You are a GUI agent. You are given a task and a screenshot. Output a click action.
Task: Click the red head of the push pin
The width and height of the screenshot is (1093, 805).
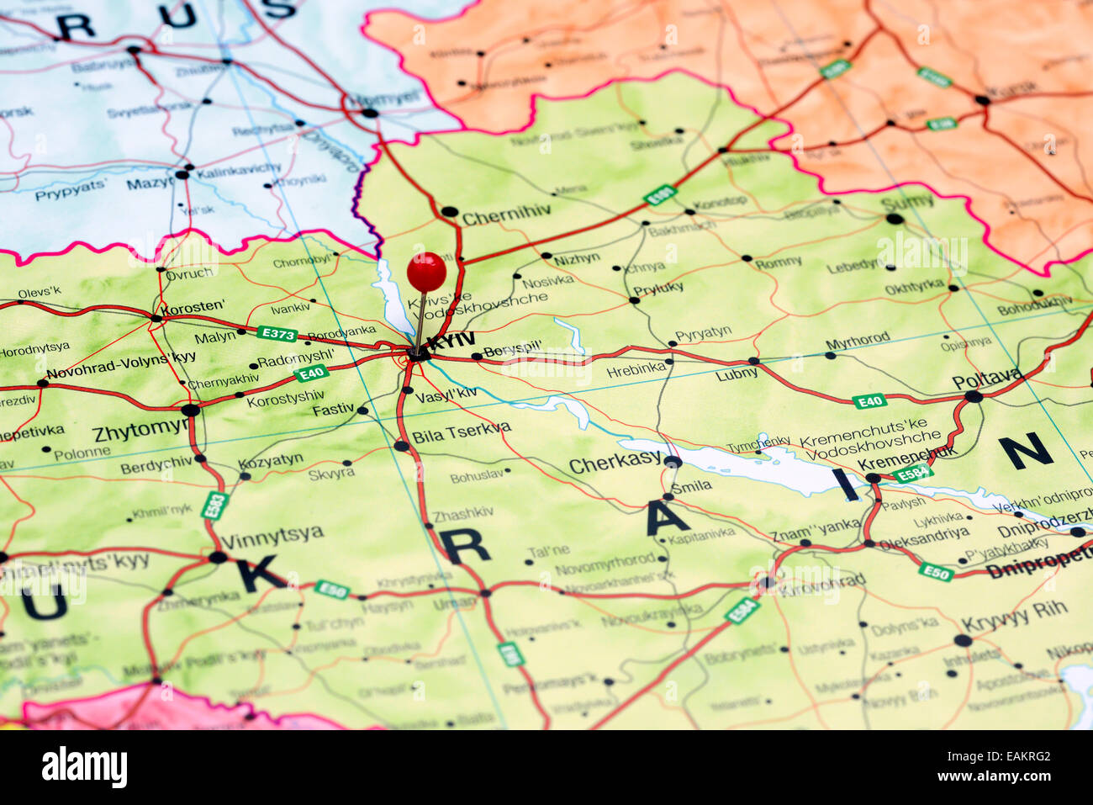426,272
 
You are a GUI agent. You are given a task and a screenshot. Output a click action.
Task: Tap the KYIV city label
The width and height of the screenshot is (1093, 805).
451,341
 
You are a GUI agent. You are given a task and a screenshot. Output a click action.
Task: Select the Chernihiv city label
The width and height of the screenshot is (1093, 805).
506,216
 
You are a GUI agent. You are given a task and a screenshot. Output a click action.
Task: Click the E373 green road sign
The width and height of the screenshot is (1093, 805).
277,334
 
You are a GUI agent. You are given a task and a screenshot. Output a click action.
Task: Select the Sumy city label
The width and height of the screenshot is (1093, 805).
907,202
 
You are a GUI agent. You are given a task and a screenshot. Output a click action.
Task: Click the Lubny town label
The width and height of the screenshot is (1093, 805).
737,374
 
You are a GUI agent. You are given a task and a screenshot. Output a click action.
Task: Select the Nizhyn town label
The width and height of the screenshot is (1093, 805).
576,259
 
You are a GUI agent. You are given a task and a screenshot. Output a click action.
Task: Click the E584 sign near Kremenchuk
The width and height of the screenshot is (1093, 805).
911,474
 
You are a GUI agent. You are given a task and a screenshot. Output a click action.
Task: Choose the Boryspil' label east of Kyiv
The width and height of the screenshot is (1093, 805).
512,347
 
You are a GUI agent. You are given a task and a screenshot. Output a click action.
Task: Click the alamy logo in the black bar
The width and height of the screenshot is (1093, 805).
84,767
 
